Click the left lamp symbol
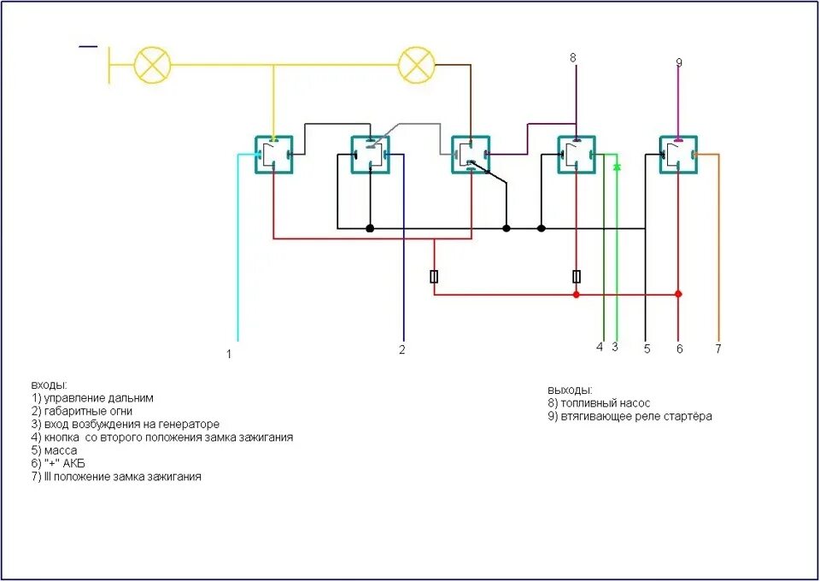(x=153, y=65)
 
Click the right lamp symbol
(x=417, y=65)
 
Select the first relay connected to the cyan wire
(x=274, y=155)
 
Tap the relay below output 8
(x=577, y=155)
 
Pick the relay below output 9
(x=678, y=155)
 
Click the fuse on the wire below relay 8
(x=577, y=276)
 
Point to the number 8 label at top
(x=573, y=58)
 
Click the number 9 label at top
(x=679, y=62)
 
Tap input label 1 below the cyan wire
(x=229, y=354)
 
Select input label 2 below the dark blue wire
(x=401, y=349)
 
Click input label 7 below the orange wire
(x=718, y=349)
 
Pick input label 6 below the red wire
(x=680, y=349)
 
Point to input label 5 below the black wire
(x=647, y=349)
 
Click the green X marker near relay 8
(x=617, y=167)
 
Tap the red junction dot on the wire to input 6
(x=678, y=294)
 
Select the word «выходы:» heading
(x=570, y=390)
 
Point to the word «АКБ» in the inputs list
(x=73, y=463)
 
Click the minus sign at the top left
(x=88, y=45)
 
